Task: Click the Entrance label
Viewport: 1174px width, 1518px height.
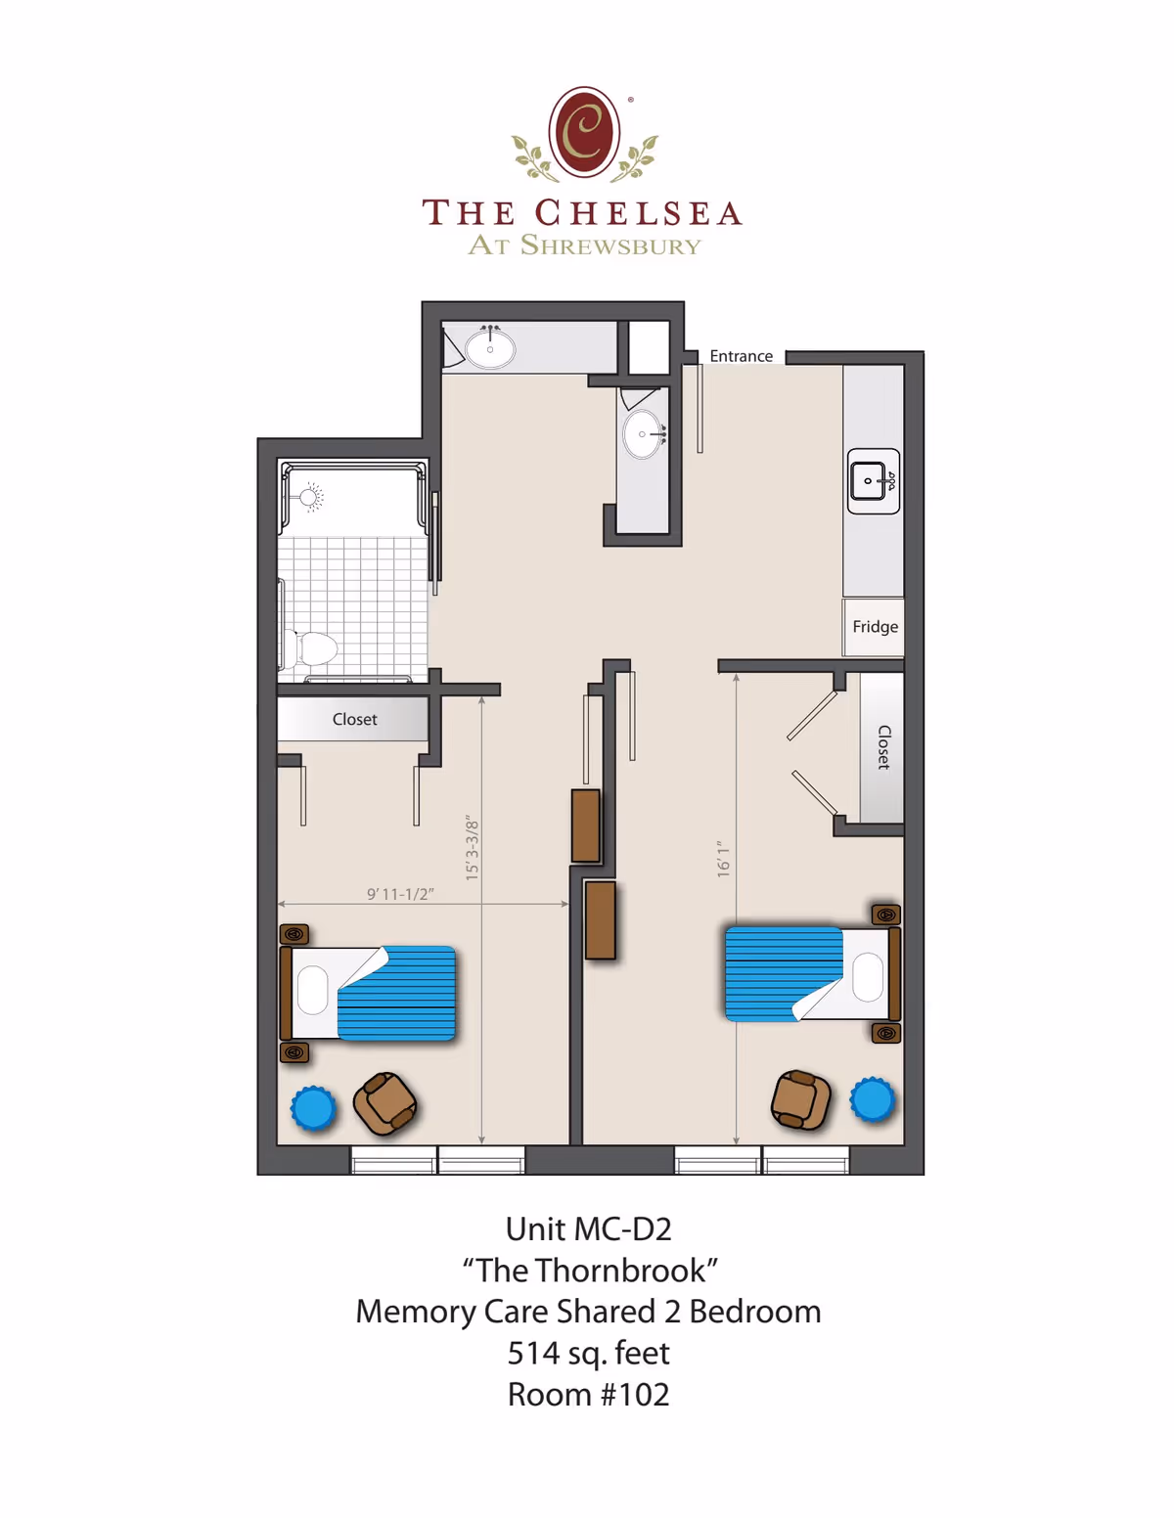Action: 741,356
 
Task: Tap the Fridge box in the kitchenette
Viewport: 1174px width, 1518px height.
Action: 875,627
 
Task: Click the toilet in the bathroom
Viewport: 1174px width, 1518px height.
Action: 311,648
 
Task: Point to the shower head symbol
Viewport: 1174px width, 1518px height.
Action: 311,497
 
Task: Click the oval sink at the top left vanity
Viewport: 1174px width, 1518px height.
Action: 489,347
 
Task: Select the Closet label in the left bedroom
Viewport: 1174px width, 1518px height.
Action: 354,719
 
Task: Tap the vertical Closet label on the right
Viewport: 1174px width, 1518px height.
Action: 883,747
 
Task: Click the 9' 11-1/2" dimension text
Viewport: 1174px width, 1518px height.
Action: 400,894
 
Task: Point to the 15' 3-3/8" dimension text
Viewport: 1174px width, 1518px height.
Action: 472,848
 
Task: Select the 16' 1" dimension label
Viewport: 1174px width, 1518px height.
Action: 723,859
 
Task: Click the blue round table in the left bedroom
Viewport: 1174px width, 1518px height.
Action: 313,1108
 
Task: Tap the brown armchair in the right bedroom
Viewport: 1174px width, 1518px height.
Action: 800,1099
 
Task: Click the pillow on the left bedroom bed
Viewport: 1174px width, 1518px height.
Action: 313,991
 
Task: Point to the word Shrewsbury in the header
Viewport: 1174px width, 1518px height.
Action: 610,246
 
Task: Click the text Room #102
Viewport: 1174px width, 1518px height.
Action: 588,1394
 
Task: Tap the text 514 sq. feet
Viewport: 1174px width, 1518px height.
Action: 588,1353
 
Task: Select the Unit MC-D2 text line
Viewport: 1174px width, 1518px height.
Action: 588,1228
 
